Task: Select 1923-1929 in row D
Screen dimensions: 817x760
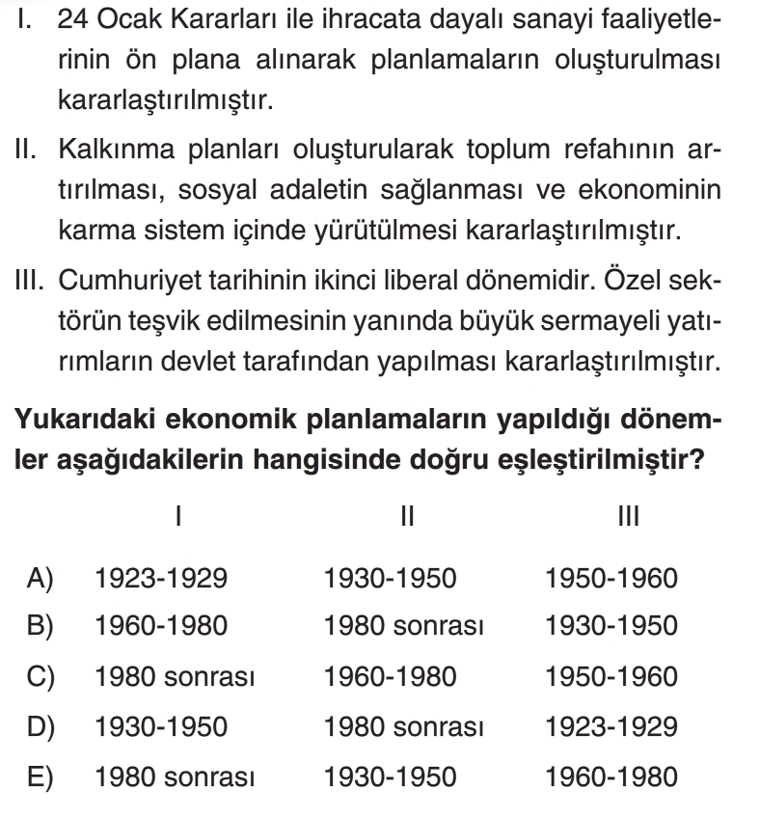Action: [x=611, y=726]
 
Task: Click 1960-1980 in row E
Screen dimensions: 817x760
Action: [x=611, y=776]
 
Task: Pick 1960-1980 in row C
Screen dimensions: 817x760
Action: [x=391, y=677]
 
